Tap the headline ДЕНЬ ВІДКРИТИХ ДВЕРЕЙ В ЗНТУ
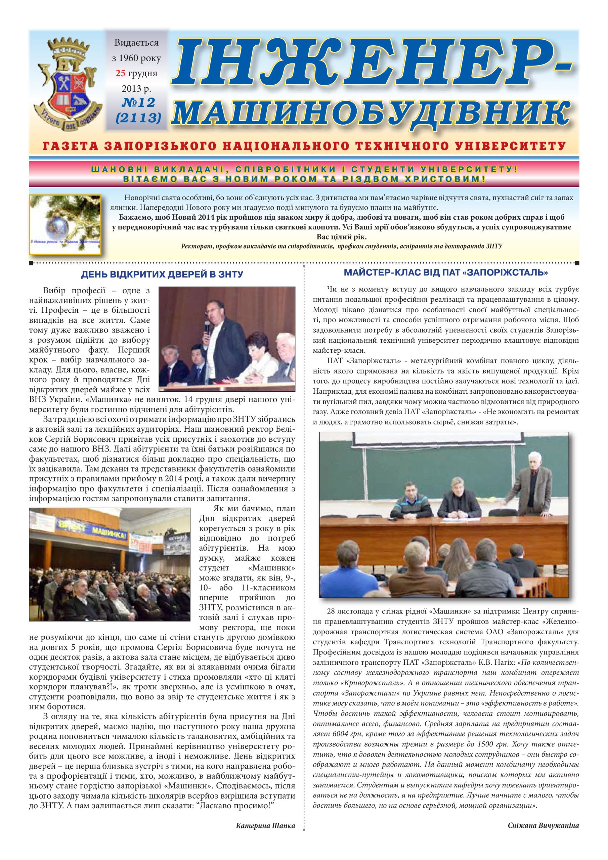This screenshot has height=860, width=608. (162, 275)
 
